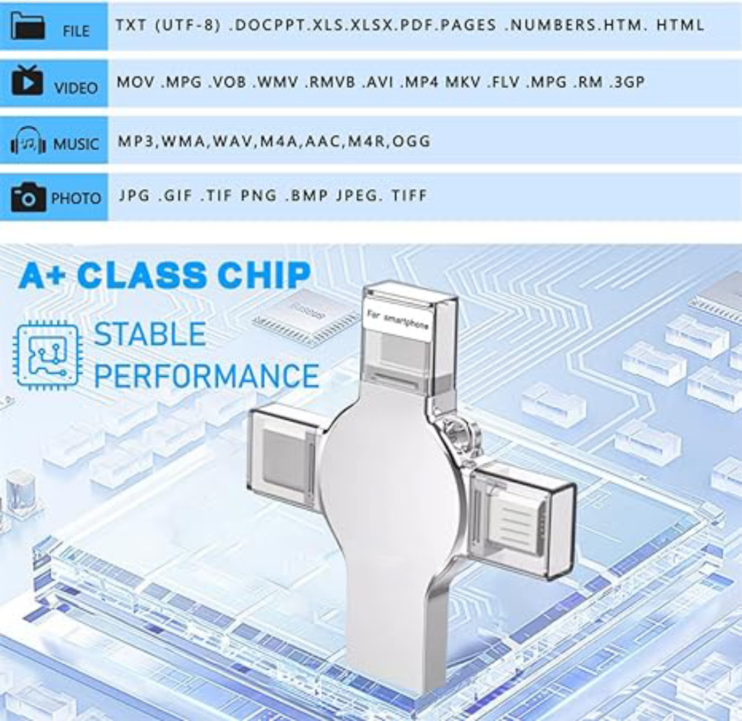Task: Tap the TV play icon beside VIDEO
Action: [x=27, y=80]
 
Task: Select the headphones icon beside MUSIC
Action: [x=28, y=140]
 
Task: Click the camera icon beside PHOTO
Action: [x=28, y=197]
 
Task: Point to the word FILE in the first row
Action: [x=76, y=31]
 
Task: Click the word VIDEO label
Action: [x=76, y=88]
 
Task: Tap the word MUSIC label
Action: [x=76, y=144]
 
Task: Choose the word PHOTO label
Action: [x=76, y=198]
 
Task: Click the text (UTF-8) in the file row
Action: [x=188, y=25]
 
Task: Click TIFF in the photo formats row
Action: [x=410, y=195]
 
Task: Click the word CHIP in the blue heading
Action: [x=265, y=275]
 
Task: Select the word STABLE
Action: [x=150, y=334]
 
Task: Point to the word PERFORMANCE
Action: [x=206, y=375]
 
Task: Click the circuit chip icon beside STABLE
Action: [x=47, y=355]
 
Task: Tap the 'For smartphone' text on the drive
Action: [x=398, y=320]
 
